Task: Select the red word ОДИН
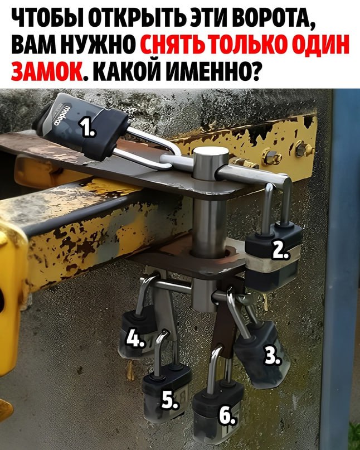(322, 45)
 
